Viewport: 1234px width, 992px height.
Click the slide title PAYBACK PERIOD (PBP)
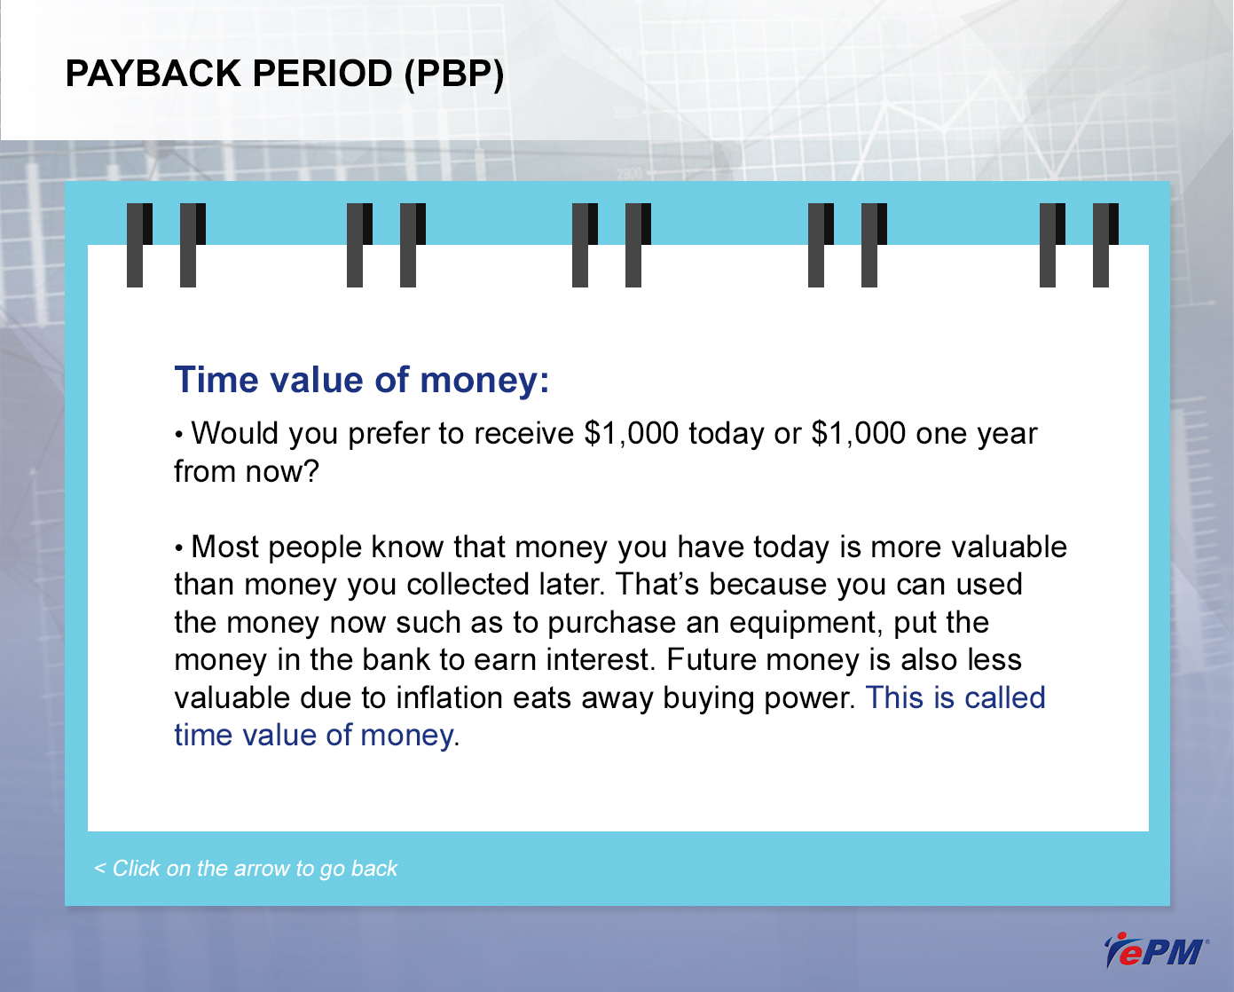285,75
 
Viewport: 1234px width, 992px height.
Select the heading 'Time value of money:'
362,381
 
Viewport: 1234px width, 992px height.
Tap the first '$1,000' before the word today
632,434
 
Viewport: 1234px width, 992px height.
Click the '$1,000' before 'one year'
859,434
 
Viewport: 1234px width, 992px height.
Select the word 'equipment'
806,624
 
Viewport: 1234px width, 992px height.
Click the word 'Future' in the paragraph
711,660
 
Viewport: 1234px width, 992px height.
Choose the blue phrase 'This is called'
956,697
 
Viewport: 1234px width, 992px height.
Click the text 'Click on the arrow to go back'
255,869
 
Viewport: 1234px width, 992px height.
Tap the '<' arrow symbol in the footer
99,869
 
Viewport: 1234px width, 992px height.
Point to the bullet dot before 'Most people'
179,549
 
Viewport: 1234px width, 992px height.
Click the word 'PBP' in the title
453,75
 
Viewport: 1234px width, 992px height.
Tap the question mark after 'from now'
310,472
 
